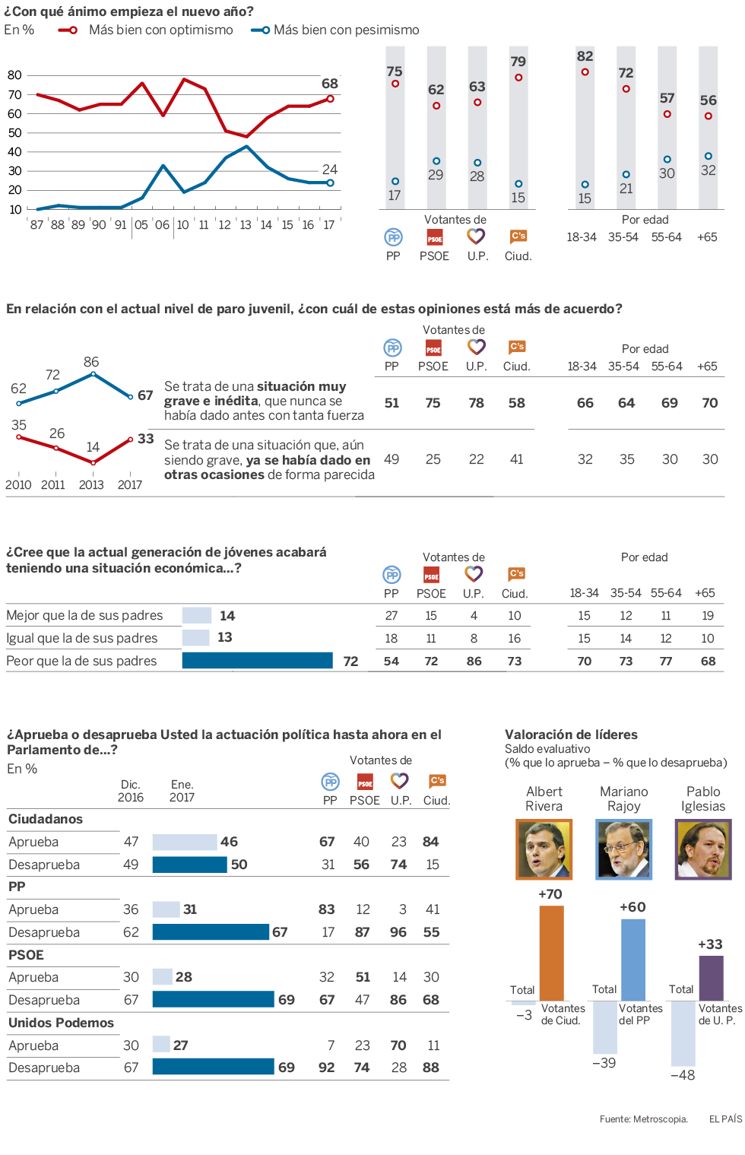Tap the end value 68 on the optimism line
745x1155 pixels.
(329, 84)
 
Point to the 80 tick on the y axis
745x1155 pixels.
(14, 75)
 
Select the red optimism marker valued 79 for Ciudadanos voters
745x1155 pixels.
(518, 78)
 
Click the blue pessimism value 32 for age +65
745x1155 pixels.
(708, 170)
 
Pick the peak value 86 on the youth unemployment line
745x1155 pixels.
(91, 362)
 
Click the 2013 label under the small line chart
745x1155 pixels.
(91, 485)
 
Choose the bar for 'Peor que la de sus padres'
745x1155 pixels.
(257, 661)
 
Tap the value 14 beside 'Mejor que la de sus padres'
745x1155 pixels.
(227, 616)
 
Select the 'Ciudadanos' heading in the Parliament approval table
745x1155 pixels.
(46, 819)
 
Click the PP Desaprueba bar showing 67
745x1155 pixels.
(211, 932)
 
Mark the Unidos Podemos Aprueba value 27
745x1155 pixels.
(180, 1046)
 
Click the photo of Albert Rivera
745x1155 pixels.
(544, 849)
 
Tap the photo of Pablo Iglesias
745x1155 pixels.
(703, 849)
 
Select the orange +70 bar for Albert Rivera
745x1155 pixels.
(551, 952)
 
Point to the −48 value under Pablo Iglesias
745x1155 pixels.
(682, 1075)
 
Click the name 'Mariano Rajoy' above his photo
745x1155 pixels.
(623, 799)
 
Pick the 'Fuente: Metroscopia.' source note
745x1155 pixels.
(643, 1119)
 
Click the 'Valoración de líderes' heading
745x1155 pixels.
(571, 735)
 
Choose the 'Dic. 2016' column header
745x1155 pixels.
(130, 791)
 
